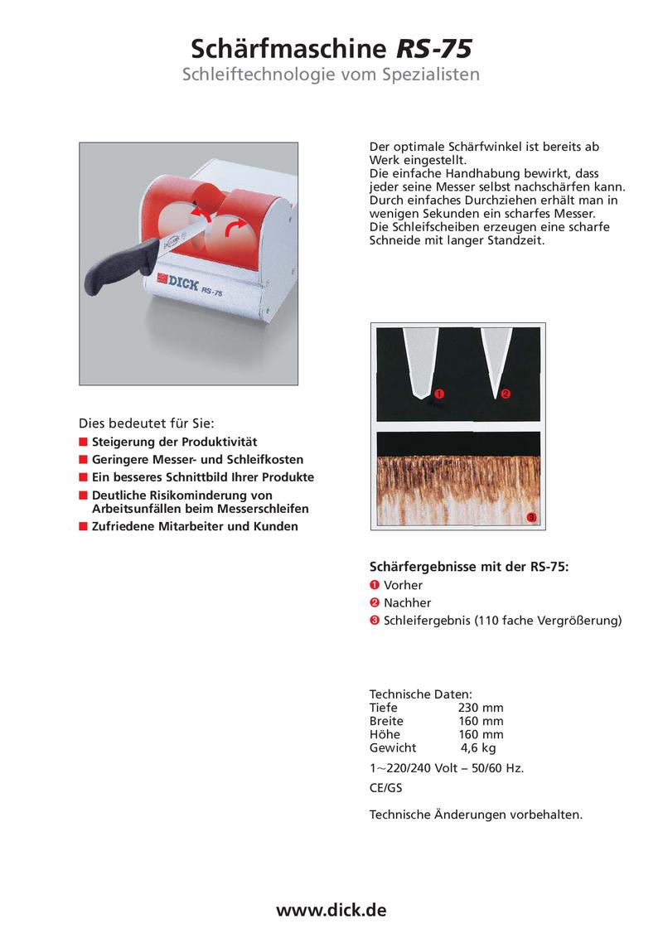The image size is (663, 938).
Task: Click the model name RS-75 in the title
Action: click(434, 48)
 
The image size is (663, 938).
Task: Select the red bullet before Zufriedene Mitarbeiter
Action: click(83, 526)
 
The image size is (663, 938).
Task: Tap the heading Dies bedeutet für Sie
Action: click(152, 422)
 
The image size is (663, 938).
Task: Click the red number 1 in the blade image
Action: click(439, 393)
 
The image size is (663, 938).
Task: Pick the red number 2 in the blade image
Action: click(506, 393)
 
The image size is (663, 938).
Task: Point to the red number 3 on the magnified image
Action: click(531, 518)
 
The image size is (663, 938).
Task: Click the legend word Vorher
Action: click(403, 585)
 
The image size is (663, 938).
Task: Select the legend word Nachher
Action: click(407, 602)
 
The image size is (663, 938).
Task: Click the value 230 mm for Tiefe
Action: click(481, 708)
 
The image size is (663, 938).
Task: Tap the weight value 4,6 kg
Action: click(478, 747)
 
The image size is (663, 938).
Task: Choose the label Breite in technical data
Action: click(386, 721)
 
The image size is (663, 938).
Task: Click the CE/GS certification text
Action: click(385, 789)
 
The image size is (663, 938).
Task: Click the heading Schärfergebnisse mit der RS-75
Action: click(469, 568)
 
